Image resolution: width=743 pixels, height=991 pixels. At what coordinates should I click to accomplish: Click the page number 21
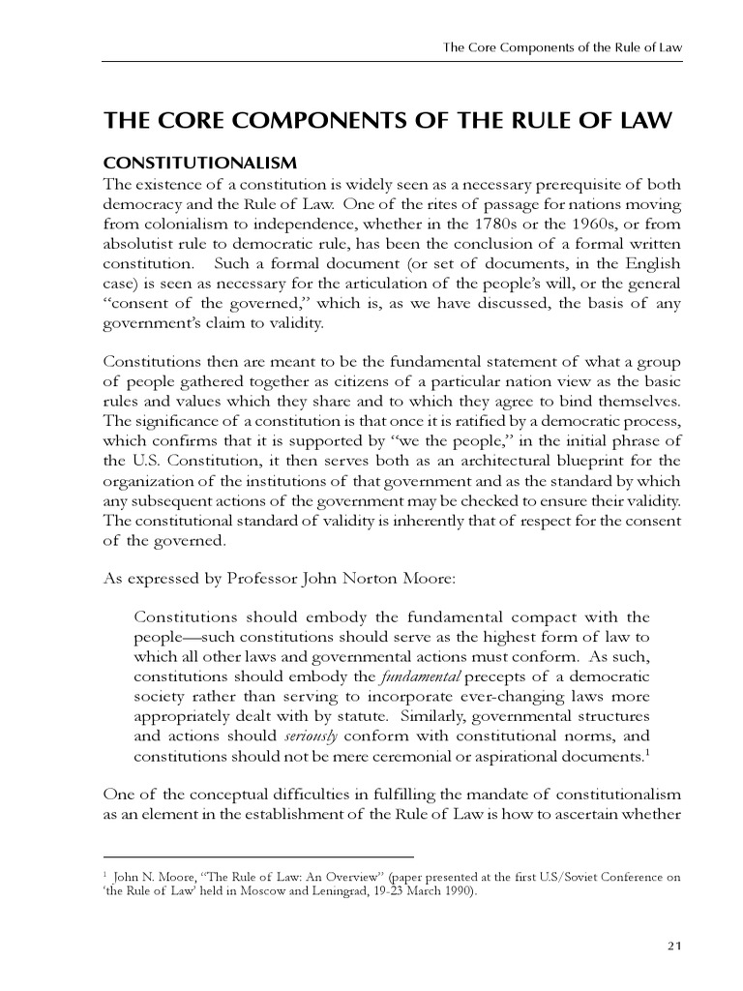[675, 946]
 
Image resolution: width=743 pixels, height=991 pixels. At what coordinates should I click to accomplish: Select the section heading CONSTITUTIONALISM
[199, 160]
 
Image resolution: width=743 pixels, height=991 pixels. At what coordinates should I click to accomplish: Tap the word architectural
[501, 460]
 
